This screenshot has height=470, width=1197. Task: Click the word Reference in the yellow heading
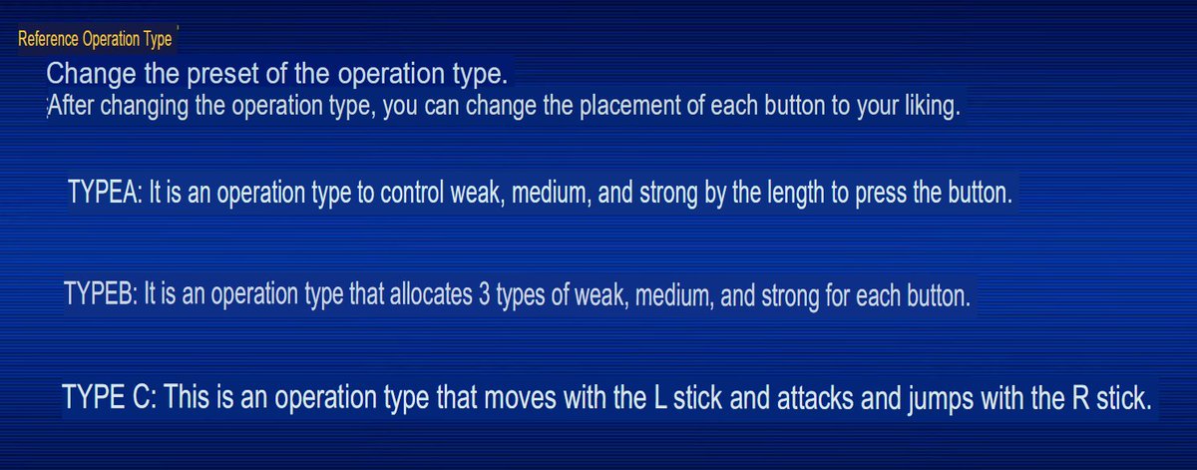pyautogui.click(x=47, y=40)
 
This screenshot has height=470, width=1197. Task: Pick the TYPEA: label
pyautogui.click(x=105, y=193)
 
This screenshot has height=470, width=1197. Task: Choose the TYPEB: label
pyautogui.click(x=101, y=296)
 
